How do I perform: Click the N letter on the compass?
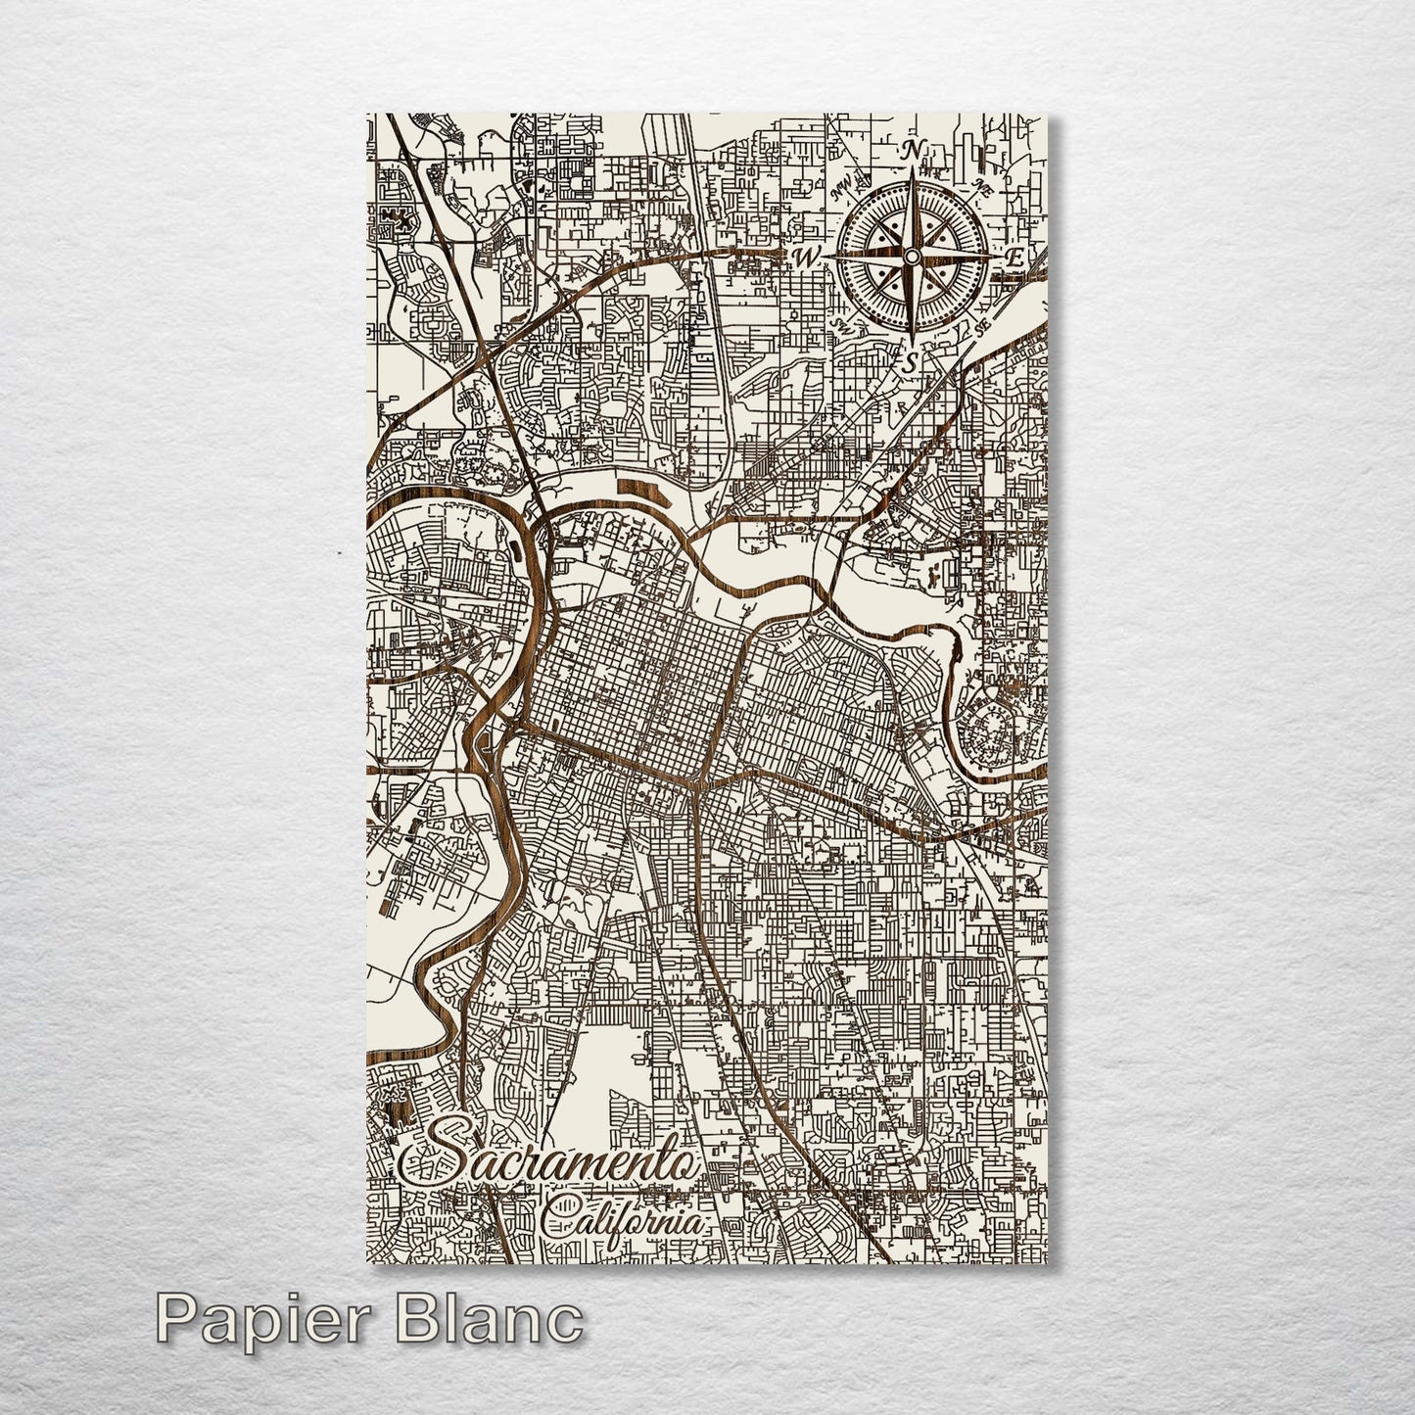(x=913, y=151)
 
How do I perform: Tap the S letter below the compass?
(x=911, y=361)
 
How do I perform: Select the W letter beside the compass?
(x=807, y=258)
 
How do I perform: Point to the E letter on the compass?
(x=1016, y=259)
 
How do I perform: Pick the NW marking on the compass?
(x=840, y=192)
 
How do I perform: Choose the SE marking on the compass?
(x=982, y=325)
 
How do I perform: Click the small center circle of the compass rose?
(x=912, y=256)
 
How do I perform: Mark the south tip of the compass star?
(x=912, y=338)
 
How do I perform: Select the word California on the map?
(x=623, y=1218)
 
